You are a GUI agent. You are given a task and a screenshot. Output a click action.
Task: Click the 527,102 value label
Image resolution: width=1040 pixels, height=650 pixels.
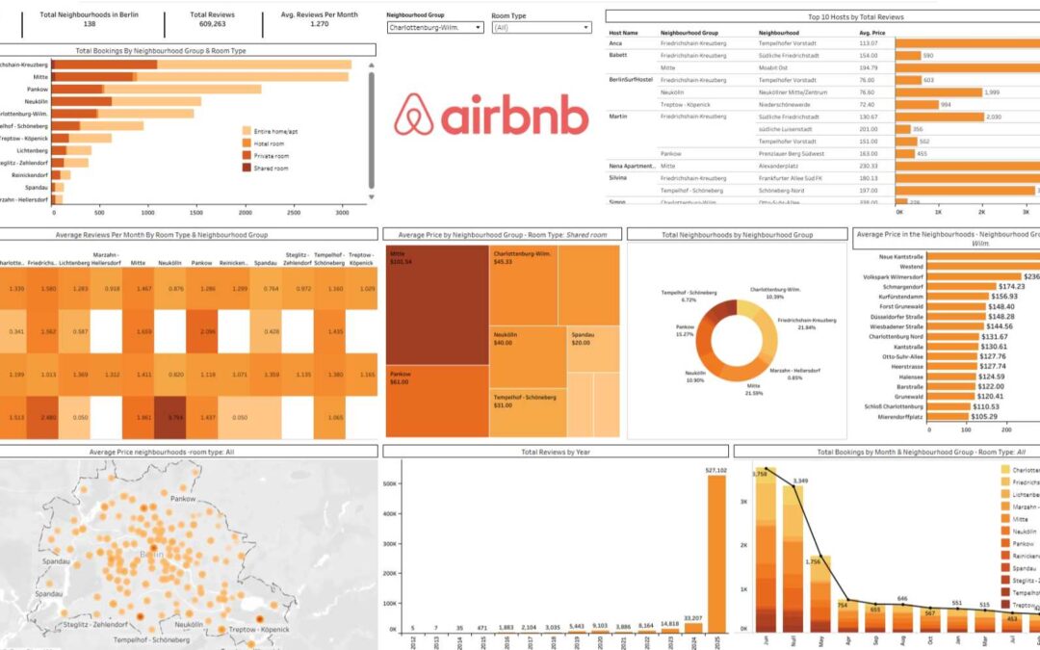pyautogui.click(x=716, y=470)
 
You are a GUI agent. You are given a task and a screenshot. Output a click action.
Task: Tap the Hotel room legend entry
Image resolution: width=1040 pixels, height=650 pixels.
pyautogui.click(x=270, y=143)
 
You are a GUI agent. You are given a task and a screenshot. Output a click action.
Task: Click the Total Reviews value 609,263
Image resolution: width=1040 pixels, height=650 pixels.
pyautogui.click(x=214, y=25)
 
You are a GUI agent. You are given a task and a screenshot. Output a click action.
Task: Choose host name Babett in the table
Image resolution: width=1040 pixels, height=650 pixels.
pyautogui.click(x=618, y=56)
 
